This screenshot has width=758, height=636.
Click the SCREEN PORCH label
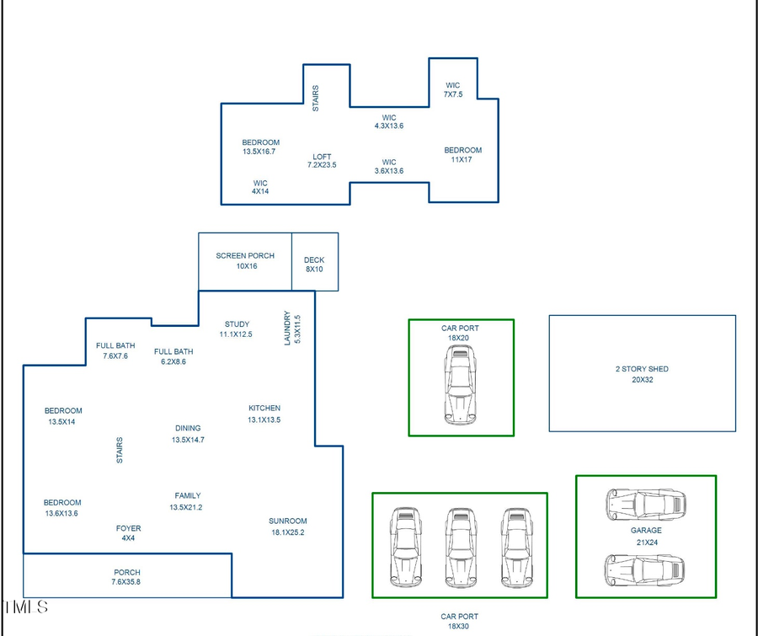pos(244,261)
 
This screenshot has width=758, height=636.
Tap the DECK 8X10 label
pos(314,265)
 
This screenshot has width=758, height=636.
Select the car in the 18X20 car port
pos(461,387)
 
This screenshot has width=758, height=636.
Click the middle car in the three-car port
pos(460,547)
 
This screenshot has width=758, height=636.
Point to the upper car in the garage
pos(645,505)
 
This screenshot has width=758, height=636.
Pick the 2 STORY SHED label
pos(642,374)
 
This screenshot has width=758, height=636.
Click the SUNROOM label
pos(287,526)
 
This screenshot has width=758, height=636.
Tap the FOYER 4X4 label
pos(128,533)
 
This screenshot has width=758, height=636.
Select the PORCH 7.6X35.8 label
pos(126,577)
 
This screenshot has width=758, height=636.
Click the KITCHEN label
pos(264,414)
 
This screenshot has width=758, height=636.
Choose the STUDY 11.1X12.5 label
pos(237,329)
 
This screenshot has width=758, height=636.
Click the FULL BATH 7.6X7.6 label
pos(115,350)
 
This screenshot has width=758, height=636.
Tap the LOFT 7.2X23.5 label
pos(322,161)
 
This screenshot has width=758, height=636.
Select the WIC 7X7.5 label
pos(453,90)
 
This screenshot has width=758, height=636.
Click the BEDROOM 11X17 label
pos(463,155)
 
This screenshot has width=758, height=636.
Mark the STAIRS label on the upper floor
pos(316,99)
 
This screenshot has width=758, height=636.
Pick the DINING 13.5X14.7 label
pos(188,434)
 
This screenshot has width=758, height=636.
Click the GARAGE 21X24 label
pos(646,537)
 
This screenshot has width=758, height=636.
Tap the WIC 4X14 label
pos(260,187)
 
